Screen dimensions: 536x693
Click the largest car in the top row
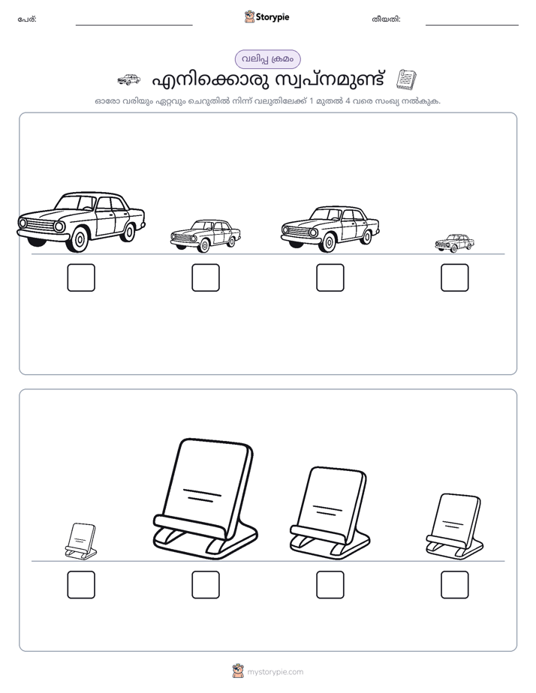[x=81, y=222]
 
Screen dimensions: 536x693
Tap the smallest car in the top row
[x=455, y=243]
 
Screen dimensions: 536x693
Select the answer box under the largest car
[x=81, y=277]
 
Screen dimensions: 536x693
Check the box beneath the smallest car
[x=455, y=277]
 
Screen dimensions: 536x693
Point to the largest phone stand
[x=205, y=499]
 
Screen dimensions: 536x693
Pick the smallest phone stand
[x=81, y=541]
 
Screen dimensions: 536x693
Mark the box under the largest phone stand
[x=206, y=585]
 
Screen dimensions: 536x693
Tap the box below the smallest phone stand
[x=81, y=585]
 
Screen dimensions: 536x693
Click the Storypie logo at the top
[x=267, y=16]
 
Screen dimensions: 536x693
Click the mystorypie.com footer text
[x=275, y=672]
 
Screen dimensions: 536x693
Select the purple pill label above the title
[x=267, y=59]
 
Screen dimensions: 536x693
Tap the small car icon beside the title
[x=128, y=79]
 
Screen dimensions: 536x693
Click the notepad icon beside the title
[x=406, y=79]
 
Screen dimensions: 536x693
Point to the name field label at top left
[x=27, y=19]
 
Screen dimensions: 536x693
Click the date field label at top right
[x=386, y=19]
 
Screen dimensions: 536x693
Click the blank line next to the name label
[x=134, y=25]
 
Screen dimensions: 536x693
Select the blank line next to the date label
[x=472, y=25]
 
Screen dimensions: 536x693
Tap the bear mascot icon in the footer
[x=238, y=671]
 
